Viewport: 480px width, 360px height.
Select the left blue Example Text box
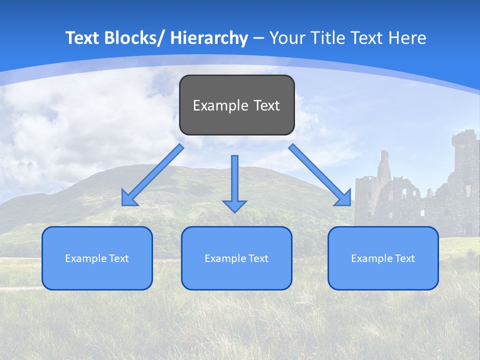pos(97,258)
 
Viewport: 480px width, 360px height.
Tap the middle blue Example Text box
pos(236,258)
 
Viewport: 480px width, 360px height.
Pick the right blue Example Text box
pos(383,258)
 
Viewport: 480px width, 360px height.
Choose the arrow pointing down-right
pos(320,175)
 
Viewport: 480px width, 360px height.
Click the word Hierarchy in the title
pos(209,38)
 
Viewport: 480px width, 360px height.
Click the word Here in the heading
pos(406,38)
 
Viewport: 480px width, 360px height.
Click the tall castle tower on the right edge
pos(465,160)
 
